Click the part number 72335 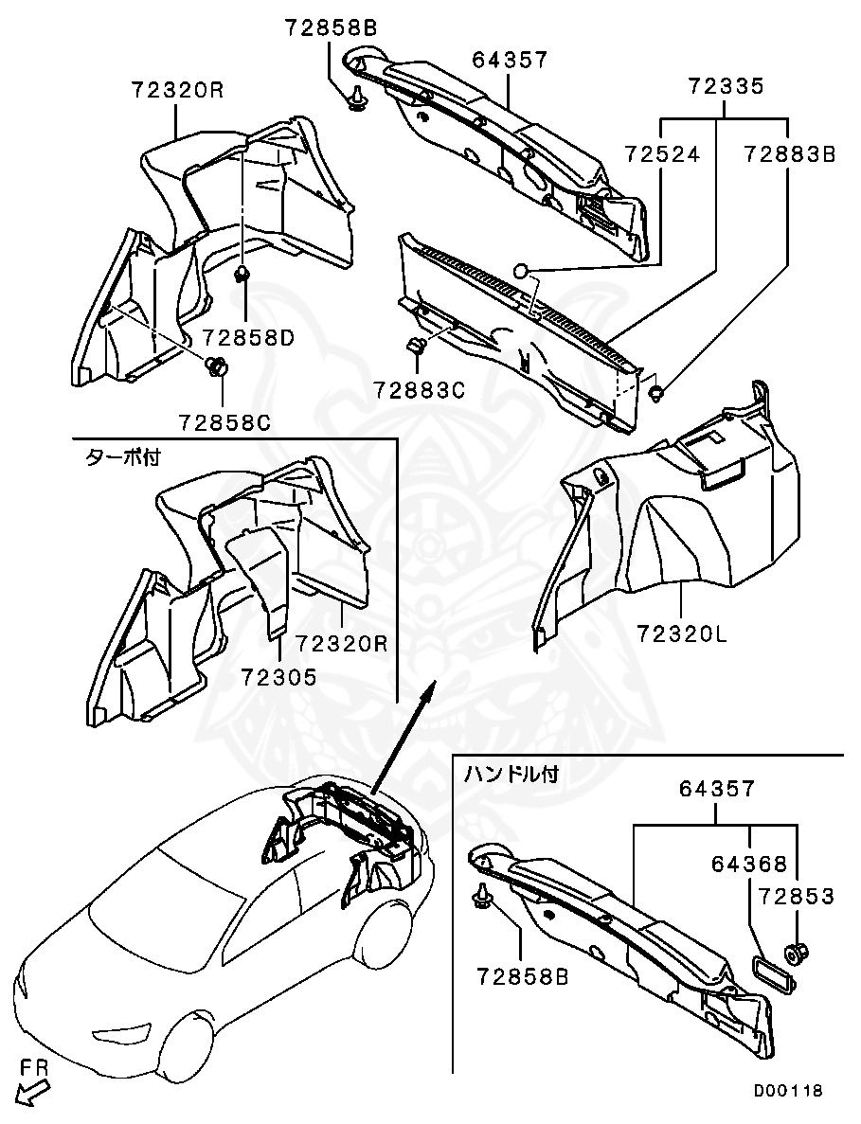click(x=726, y=88)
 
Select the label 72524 click(x=662, y=154)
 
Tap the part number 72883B click(x=789, y=154)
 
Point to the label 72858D click(x=249, y=337)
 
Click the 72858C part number click(x=224, y=421)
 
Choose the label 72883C click(x=419, y=389)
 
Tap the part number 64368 click(x=749, y=864)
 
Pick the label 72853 click(x=795, y=896)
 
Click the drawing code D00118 click(x=788, y=1091)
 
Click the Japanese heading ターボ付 click(x=123, y=457)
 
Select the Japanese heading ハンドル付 click(x=511, y=774)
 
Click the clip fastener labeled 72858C click(x=217, y=365)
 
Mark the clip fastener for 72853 click(x=796, y=952)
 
